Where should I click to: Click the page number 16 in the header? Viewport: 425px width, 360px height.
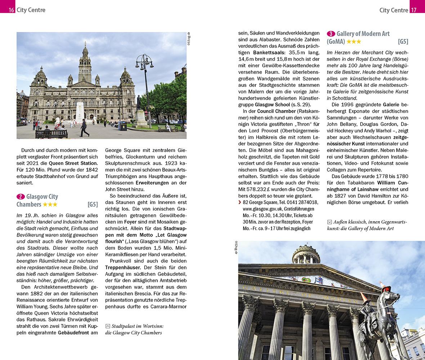pos(11,10)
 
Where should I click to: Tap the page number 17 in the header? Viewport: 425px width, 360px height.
pos(414,10)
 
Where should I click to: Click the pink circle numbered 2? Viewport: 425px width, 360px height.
pos(21,197)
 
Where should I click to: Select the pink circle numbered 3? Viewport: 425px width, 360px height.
pos(331,34)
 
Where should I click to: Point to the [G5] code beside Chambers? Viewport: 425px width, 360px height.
pos(93,204)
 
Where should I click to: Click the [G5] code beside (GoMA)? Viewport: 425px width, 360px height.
pos(403,41)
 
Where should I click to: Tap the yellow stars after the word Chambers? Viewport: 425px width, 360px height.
pos(50,204)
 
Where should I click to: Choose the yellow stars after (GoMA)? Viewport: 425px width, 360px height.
pos(354,41)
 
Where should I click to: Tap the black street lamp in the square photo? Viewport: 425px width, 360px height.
pos(145,83)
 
